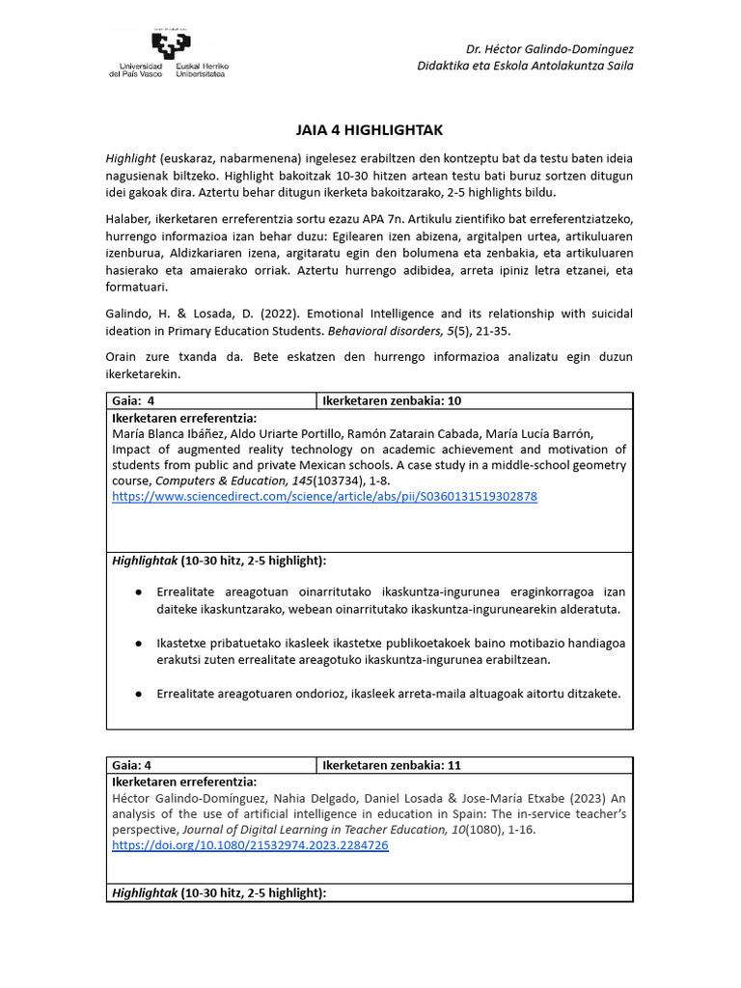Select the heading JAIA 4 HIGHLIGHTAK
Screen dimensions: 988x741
(x=370, y=129)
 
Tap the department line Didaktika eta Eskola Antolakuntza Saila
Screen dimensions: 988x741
(x=525, y=66)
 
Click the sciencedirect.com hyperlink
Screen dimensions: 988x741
(x=324, y=496)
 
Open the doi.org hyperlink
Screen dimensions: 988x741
(x=250, y=844)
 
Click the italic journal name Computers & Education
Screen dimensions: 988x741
(x=219, y=480)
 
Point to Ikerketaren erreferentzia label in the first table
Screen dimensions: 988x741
(x=184, y=419)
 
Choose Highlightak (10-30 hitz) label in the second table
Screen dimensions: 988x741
(x=219, y=892)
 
